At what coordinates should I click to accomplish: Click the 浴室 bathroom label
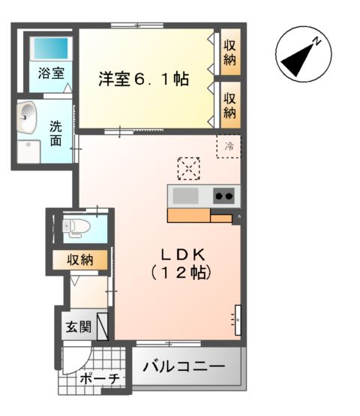52,74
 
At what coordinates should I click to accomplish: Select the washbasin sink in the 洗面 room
28,115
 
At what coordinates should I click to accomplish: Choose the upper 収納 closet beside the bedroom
229,52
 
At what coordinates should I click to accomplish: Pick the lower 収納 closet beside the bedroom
229,105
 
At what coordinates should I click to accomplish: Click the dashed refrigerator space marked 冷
229,146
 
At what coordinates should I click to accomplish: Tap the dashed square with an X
188,169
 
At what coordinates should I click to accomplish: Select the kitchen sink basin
187,197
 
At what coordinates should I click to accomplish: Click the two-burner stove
223,197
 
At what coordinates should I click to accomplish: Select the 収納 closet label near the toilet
79,260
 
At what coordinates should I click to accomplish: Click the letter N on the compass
317,42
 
